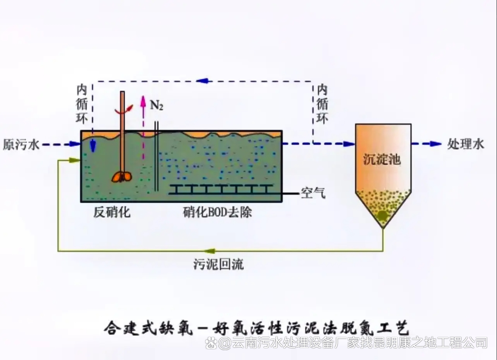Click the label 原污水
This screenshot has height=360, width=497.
(x=21, y=145)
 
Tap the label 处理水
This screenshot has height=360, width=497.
(x=465, y=144)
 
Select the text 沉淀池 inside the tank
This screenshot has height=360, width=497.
(x=382, y=159)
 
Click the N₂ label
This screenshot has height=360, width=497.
(x=157, y=105)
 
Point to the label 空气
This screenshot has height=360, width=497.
(x=313, y=193)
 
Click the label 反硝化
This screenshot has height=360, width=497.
(x=112, y=212)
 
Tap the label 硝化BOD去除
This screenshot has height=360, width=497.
(x=218, y=212)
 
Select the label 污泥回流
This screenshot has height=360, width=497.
(x=219, y=264)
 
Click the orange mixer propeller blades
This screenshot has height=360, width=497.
(x=121, y=177)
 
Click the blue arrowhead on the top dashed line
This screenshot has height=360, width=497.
(x=202, y=81)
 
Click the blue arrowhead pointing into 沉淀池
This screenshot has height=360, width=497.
(x=349, y=144)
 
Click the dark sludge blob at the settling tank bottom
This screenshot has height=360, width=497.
(x=383, y=215)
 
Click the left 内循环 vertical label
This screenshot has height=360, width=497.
(x=82, y=104)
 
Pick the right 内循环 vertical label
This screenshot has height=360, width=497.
(x=322, y=104)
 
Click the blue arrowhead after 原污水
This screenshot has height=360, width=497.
(x=75, y=144)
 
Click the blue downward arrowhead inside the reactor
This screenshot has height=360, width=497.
(x=93, y=146)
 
